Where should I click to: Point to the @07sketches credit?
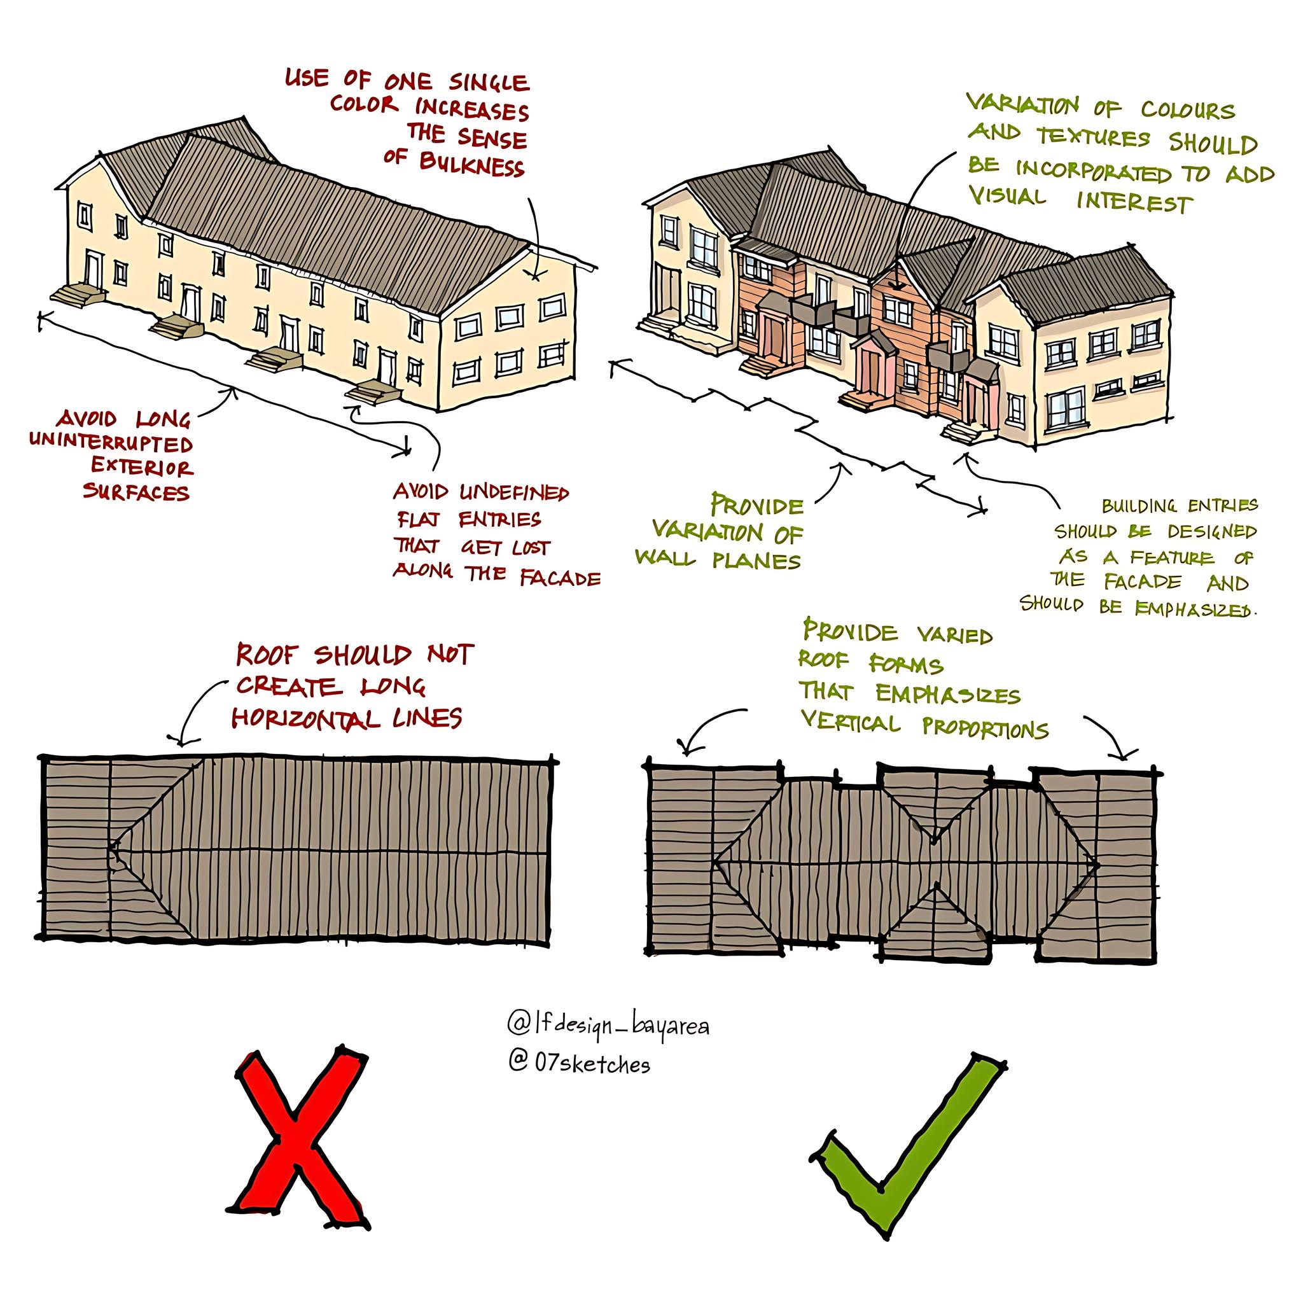(x=580, y=1064)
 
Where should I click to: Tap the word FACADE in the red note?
(x=560, y=578)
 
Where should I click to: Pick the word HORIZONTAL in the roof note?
(x=305, y=718)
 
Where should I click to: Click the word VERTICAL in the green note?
(x=851, y=722)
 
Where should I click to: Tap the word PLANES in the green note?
(x=756, y=561)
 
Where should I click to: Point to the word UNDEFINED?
(x=514, y=492)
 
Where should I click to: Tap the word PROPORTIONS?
(x=986, y=728)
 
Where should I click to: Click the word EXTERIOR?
(x=143, y=467)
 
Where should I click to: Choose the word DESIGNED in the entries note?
(x=1213, y=531)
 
